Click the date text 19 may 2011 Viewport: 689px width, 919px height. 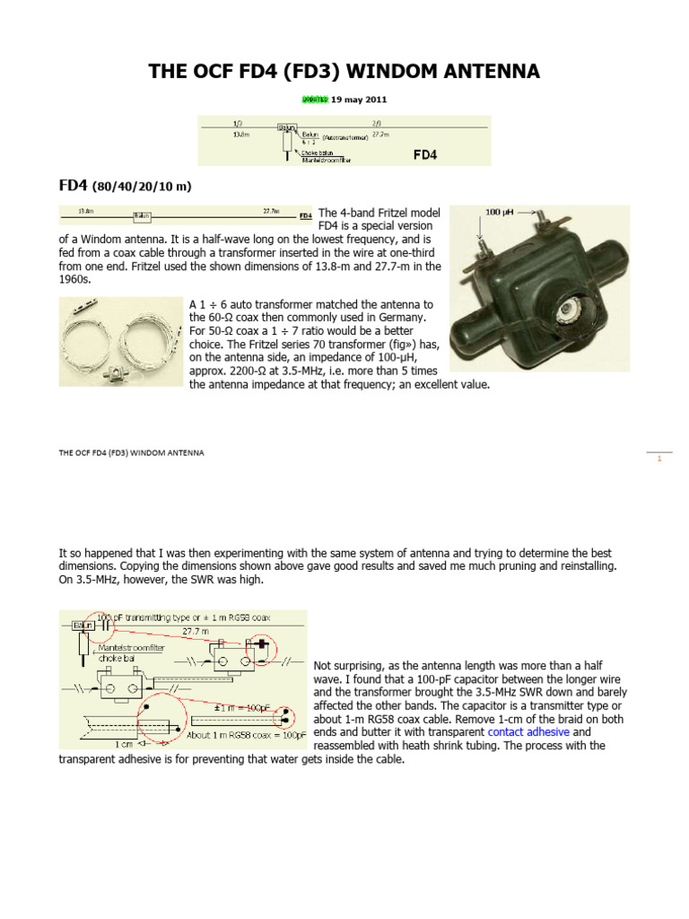tap(357, 100)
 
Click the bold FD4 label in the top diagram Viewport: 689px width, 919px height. tap(424, 154)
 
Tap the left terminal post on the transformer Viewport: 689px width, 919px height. tap(483, 243)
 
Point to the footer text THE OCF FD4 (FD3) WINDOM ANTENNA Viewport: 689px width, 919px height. tap(131, 453)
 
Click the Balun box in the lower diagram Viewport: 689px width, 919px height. tap(83, 624)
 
